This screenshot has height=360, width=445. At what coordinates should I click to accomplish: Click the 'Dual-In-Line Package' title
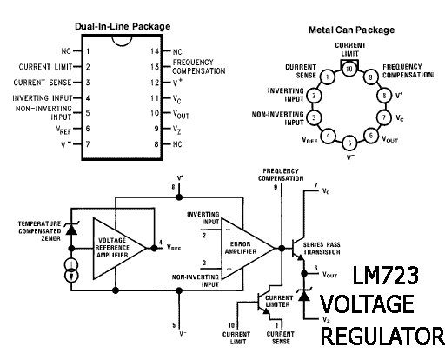tap(123, 26)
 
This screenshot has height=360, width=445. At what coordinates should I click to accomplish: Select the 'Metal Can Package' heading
tap(351, 30)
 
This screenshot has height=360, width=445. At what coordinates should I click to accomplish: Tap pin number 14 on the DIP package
tap(155, 51)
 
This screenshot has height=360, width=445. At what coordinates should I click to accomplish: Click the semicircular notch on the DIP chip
tap(122, 41)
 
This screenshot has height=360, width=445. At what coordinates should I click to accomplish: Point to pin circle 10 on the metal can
tap(349, 69)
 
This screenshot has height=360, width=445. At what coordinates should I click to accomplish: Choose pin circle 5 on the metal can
tap(349, 143)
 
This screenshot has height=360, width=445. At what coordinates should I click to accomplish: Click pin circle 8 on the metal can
tap(384, 96)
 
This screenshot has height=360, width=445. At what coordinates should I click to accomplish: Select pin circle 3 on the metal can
tap(314, 117)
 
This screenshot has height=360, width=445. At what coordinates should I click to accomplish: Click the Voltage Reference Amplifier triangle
tap(119, 249)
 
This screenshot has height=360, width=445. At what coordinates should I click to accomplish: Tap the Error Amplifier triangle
tap(248, 249)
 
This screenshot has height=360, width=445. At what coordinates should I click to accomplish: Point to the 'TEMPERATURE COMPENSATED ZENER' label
tap(40, 231)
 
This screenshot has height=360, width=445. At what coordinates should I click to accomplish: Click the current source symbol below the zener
tap(71, 270)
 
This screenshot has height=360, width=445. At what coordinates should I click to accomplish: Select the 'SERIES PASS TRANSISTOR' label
tap(322, 249)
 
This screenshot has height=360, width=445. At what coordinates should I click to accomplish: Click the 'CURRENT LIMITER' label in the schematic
tap(279, 301)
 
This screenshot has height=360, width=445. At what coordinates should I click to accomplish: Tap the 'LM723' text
tap(385, 276)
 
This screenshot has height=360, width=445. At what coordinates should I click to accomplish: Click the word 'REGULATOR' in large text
tap(382, 336)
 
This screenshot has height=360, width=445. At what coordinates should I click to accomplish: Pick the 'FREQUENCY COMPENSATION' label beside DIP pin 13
tap(199, 67)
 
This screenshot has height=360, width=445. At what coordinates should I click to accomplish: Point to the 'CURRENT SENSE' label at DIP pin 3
tap(43, 83)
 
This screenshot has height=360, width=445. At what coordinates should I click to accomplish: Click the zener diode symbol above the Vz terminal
tap(304, 296)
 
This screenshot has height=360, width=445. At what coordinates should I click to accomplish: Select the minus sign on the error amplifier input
tap(229, 230)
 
